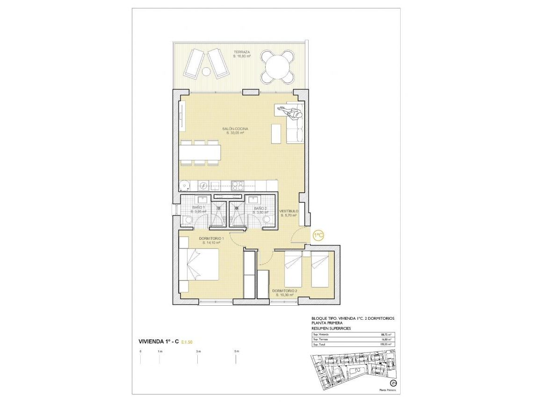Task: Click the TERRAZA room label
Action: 242,52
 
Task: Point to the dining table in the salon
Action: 201,152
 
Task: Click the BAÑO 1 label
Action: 199,208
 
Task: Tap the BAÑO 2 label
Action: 260,208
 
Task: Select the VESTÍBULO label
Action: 288,211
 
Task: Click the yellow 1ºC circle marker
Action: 318,235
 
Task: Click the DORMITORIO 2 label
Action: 284,290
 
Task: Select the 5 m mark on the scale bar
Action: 237,351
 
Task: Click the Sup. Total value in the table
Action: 385,345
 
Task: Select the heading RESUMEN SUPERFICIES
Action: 331,329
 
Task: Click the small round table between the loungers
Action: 206,72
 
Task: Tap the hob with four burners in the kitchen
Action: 238,185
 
